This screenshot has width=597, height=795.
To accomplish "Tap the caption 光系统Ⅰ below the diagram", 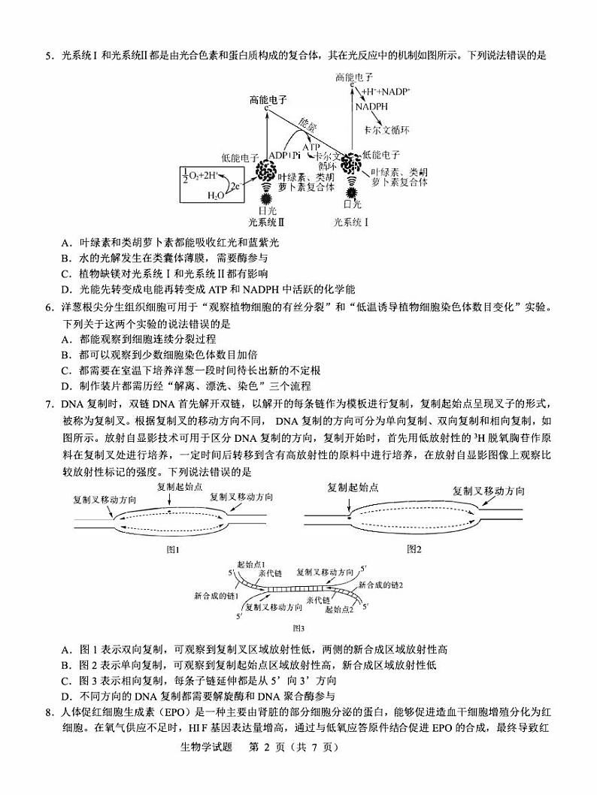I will point(351,222).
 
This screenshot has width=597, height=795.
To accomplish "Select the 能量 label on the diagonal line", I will point(308,125).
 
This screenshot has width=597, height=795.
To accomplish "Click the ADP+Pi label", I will point(285,155).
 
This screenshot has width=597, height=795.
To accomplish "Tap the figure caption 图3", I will point(298,627).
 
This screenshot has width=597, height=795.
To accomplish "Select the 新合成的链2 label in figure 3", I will point(381,584).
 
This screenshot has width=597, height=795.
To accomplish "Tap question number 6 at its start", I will point(49,306).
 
